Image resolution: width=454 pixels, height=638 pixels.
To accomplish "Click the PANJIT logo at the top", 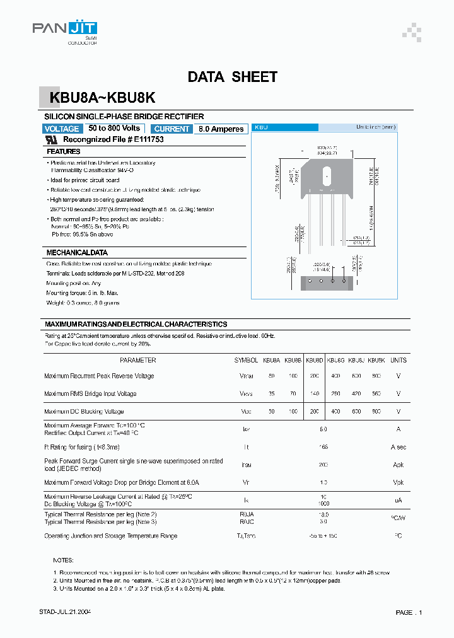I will tap(65, 28).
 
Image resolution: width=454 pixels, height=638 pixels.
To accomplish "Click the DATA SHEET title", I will tap(232, 77).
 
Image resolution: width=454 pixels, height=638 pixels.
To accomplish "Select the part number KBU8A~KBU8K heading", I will tap(104, 98).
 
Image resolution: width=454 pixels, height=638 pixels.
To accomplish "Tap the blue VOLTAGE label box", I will tap(61, 129).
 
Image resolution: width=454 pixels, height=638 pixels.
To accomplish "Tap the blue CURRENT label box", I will tap(172, 129).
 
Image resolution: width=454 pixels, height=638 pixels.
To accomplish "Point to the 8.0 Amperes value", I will tap(221, 129).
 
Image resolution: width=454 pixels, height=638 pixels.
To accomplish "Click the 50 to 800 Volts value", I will tap(114, 128).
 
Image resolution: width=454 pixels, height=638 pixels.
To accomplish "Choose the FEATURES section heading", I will tap(64, 151).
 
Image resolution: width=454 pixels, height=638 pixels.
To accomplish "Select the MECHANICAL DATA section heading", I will tap(77, 252).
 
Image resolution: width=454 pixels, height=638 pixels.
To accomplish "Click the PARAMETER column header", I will tap(137, 360).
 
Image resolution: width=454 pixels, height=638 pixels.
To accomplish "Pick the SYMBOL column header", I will tap(246, 360).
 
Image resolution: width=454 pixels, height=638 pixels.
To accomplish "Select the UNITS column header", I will tap(399, 360).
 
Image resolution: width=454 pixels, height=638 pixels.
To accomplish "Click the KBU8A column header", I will tap(271, 360).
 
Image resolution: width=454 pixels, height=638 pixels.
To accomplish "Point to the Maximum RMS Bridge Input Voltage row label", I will tap(90, 393).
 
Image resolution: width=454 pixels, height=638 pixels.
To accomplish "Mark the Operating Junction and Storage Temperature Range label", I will tap(110, 536).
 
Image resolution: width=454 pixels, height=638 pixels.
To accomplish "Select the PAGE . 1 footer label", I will tap(409, 612).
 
